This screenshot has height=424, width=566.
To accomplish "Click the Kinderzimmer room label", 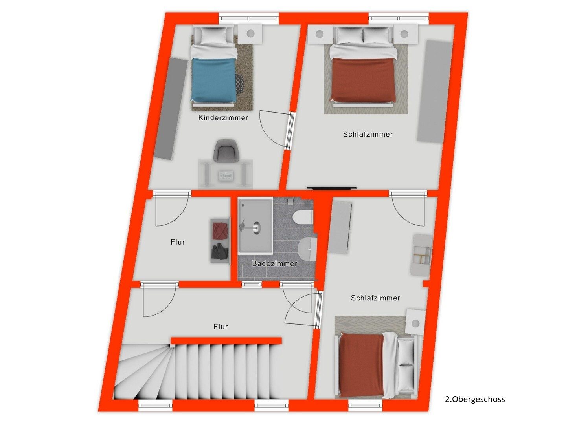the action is (223, 118).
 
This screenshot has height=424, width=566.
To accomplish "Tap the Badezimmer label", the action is (275, 263).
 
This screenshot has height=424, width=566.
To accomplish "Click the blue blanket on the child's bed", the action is (214, 80).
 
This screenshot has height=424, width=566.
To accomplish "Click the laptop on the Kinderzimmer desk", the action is (226, 176).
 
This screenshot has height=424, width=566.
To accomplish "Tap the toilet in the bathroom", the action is (303, 217).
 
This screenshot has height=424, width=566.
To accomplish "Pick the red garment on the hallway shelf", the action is (221, 231).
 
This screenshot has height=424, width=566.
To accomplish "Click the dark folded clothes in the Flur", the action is (220, 251).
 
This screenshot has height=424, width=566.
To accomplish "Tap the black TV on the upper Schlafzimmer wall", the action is (332, 188).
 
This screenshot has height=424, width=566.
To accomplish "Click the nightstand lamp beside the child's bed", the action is (250, 33).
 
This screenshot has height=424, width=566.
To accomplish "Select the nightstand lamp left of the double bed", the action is (320, 34).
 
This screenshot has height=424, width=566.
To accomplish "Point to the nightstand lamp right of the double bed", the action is (404, 34).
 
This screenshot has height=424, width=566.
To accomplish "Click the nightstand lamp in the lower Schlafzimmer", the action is (415, 323).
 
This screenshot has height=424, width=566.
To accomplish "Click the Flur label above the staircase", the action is (221, 327).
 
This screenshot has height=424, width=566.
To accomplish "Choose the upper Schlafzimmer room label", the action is (368, 134).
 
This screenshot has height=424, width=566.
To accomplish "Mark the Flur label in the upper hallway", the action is (178, 242).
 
